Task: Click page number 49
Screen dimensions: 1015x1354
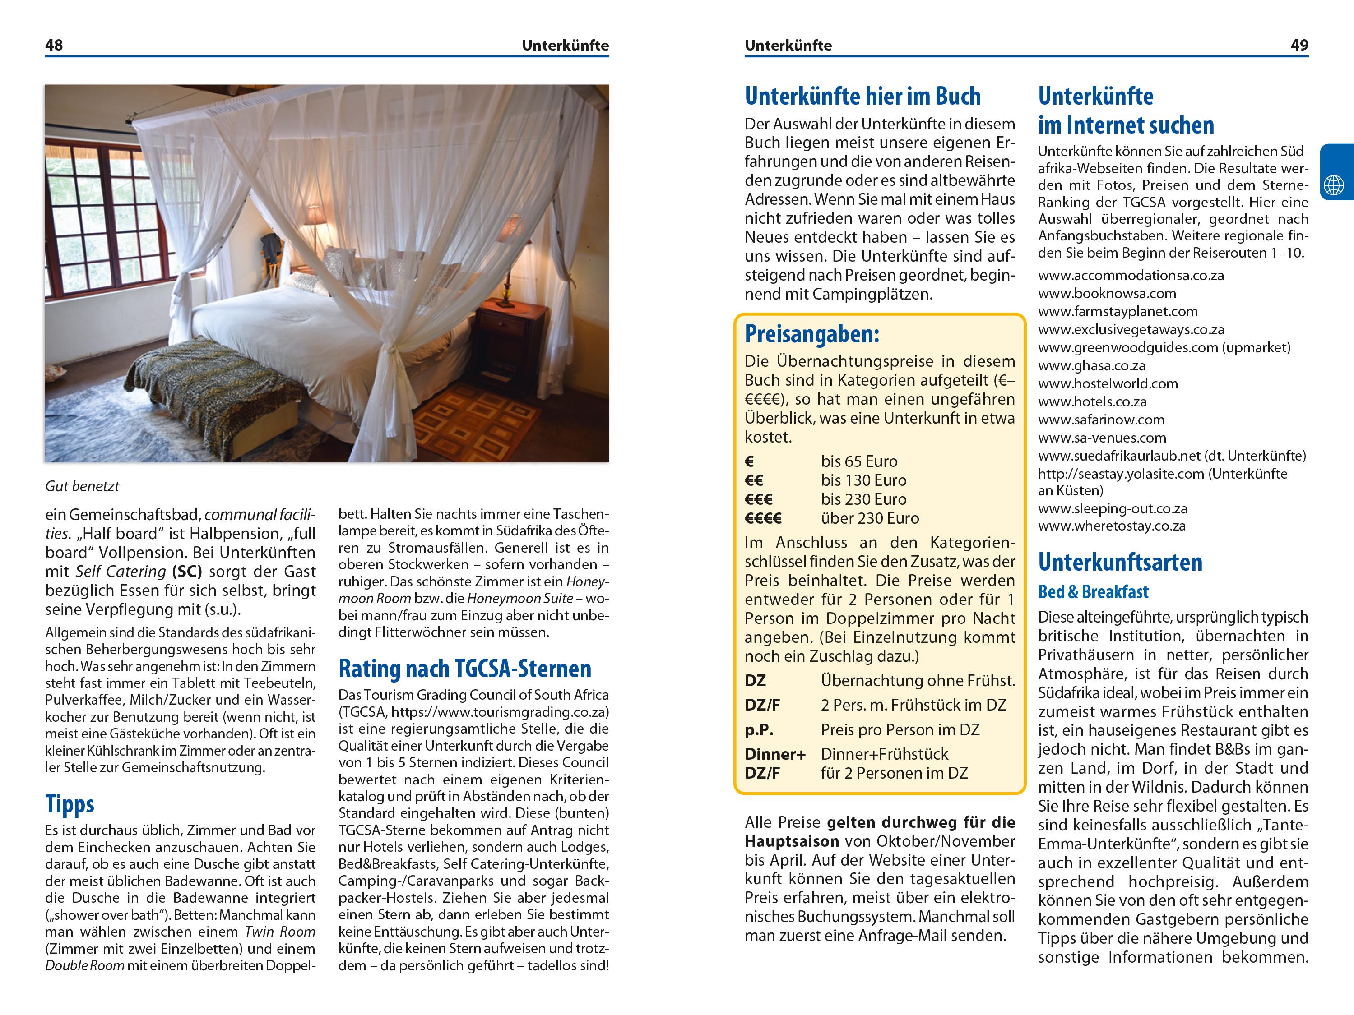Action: pyautogui.click(x=1299, y=45)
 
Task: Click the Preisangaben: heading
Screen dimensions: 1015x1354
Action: pyautogui.click(x=811, y=334)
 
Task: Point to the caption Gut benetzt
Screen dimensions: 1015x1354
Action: pyautogui.click(x=82, y=486)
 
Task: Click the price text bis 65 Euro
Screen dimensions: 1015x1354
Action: pyautogui.click(x=859, y=461)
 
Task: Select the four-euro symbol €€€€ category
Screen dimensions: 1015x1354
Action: pyautogui.click(x=763, y=518)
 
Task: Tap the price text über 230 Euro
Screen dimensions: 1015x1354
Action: pyautogui.click(x=870, y=518)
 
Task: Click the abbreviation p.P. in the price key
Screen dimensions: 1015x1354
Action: pyautogui.click(x=759, y=730)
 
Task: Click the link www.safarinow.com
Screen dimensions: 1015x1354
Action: pyautogui.click(x=1101, y=420)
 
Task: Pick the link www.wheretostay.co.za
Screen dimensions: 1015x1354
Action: pyautogui.click(x=1111, y=526)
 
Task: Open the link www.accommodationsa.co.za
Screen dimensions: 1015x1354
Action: pyautogui.click(x=1131, y=275)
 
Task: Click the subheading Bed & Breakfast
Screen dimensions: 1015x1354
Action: pyautogui.click(x=1093, y=591)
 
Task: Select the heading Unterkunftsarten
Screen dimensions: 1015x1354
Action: pyautogui.click(x=1120, y=562)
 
